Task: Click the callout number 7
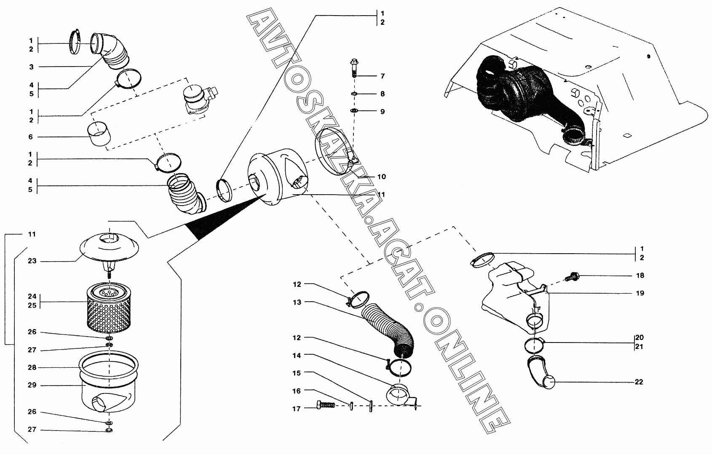tap(382, 76)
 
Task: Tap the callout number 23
tap(32, 261)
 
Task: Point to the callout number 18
tap(640, 276)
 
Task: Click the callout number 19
tap(640, 293)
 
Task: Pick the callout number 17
tap(297, 408)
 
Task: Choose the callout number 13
tap(297, 302)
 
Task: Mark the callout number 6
tap(31, 137)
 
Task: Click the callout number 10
tap(381, 177)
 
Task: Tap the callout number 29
tap(32, 385)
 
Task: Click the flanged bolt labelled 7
tap(353, 67)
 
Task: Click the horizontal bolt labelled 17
tap(325, 406)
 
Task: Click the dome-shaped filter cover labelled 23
tap(108, 249)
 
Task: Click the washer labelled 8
tap(354, 94)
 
